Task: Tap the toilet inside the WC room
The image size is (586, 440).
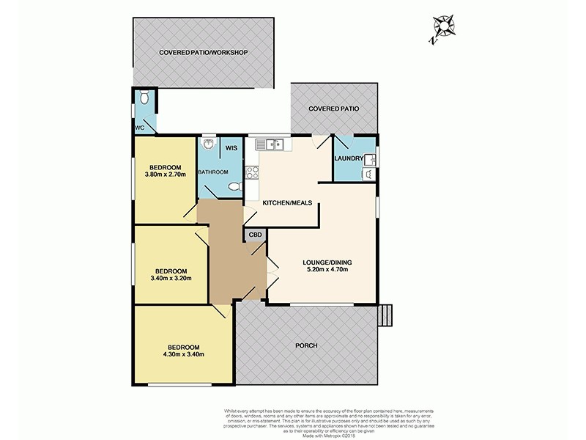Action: click(x=145, y=97)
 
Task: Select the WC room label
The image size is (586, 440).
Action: click(x=141, y=128)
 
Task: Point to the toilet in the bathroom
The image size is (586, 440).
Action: click(x=234, y=187)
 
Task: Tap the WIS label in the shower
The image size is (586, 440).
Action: click(x=230, y=147)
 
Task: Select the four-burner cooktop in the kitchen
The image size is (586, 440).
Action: click(x=253, y=173)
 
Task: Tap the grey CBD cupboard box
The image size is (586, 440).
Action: click(x=255, y=235)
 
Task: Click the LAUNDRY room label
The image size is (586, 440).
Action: click(x=349, y=158)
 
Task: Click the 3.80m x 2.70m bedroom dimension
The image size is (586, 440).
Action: click(x=166, y=175)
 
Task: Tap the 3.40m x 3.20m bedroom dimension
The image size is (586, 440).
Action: click(x=169, y=279)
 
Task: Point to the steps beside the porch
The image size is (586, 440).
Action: click(x=387, y=315)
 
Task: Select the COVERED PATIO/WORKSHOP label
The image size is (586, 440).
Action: click(x=204, y=53)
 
